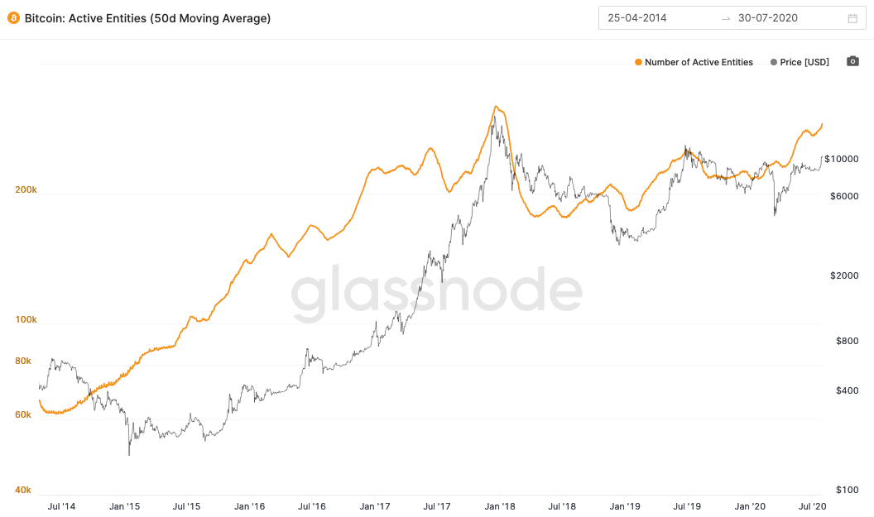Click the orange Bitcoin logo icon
pyautogui.click(x=13, y=18)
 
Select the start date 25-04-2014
pyautogui.click(x=636, y=18)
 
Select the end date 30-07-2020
pyautogui.click(x=767, y=18)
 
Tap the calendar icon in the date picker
pyautogui.click(x=852, y=18)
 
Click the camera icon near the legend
pyautogui.click(x=852, y=61)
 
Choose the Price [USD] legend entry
pyautogui.click(x=799, y=62)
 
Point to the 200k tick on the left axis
pyautogui.click(x=26, y=189)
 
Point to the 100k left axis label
pyautogui.click(x=26, y=319)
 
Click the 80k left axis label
pyautogui.click(x=23, y=361)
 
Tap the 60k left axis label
pyautogui.click(x=23, y=414)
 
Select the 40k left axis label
pyautogui.click(x=23, y=490)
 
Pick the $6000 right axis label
pyautogui.click(x=844, y=196)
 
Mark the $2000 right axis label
pyautogui.click(x=844, y=275)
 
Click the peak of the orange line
pyautogui.click(x=496, y=106)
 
